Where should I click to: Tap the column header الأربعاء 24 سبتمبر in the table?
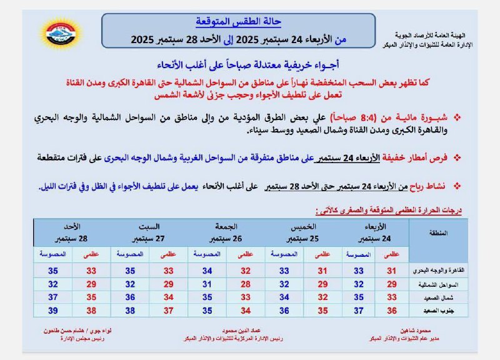pyautogui.click(x=374, y=233)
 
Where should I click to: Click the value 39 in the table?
pyautogui.click(x=53, y=311)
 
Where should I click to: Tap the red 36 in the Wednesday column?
pyautogui.click(x=392, y=311)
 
